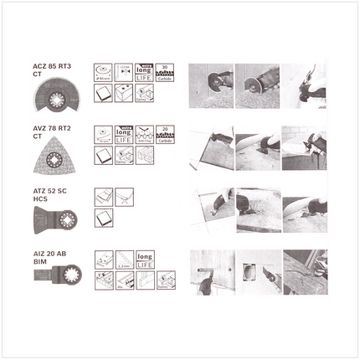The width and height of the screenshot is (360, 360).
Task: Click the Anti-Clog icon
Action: (x=145, y=133)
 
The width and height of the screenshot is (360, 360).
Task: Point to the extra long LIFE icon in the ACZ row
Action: (x=145, y=69)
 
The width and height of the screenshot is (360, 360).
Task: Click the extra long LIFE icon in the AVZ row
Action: (x=125, y=133)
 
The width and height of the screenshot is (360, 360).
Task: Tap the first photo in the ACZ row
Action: (x=210, y=85)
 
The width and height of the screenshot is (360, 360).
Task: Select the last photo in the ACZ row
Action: (x=302, y=85)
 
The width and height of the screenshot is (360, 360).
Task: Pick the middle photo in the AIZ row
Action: (x=256, y=271)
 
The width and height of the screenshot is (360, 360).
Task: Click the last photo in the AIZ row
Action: (x=302, y=271)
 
